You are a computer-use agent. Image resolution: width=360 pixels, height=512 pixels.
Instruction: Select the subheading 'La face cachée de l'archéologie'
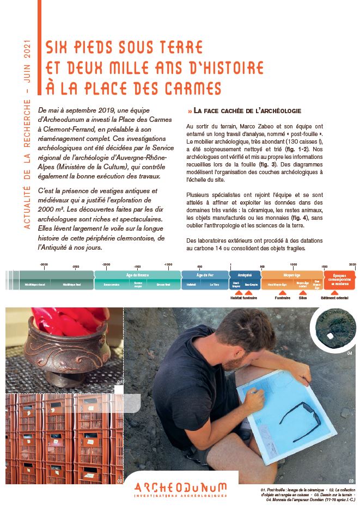(247, 111)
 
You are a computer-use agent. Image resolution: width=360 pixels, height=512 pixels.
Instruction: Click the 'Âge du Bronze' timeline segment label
(137, 275)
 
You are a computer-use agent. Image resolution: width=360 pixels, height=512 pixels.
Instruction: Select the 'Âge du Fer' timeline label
(205, 275)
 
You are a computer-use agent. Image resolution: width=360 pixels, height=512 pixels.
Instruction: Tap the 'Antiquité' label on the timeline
(245, 275)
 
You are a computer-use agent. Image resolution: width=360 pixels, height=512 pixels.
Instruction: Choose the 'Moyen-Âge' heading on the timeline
(292, 275)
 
